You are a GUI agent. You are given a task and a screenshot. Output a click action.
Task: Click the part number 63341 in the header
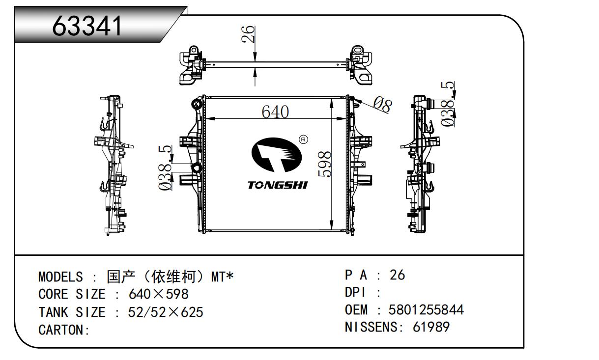(x=88, y=27)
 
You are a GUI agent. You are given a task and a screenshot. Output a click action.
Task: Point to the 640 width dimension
(x=275, y=112)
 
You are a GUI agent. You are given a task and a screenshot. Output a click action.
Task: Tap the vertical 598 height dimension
(x=325, y=165)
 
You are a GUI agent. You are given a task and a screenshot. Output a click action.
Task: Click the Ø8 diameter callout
(x=382, y=104)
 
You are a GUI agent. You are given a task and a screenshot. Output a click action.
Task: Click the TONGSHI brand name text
(x=277, y=185)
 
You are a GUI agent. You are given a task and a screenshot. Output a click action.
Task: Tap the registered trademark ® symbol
(x=303, y=140)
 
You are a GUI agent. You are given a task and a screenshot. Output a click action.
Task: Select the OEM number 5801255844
(x=426, y=310)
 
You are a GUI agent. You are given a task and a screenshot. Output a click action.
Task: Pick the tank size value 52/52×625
(x=166, y=312)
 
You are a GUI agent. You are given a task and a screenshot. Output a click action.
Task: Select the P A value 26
(x=397, y=275)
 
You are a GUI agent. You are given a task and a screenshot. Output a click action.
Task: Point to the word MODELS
(x=60, y=277)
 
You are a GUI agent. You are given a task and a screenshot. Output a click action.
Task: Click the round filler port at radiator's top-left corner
(x=197, y=104)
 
